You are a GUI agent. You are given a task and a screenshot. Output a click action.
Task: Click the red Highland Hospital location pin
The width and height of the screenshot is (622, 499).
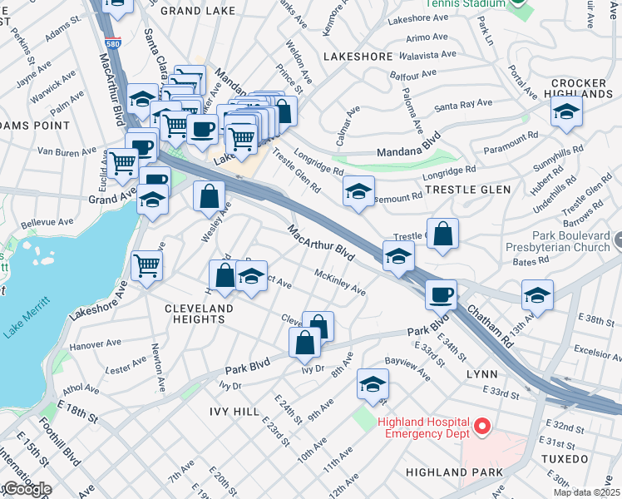(481, 429)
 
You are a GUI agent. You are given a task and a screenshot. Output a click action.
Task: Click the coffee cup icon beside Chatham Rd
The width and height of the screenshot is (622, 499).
(441, 294)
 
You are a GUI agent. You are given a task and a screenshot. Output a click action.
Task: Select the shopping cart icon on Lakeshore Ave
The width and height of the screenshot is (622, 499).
(147, 266)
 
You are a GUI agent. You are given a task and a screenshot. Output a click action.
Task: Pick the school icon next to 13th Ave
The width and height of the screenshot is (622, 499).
(537, 296)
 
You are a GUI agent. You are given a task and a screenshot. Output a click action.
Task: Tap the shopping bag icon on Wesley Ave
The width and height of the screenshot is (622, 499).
(210, 197)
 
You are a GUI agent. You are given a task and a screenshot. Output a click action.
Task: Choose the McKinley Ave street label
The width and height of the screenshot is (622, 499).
(340, 283)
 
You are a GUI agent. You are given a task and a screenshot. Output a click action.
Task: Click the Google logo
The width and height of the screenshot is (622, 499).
(27, 489)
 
